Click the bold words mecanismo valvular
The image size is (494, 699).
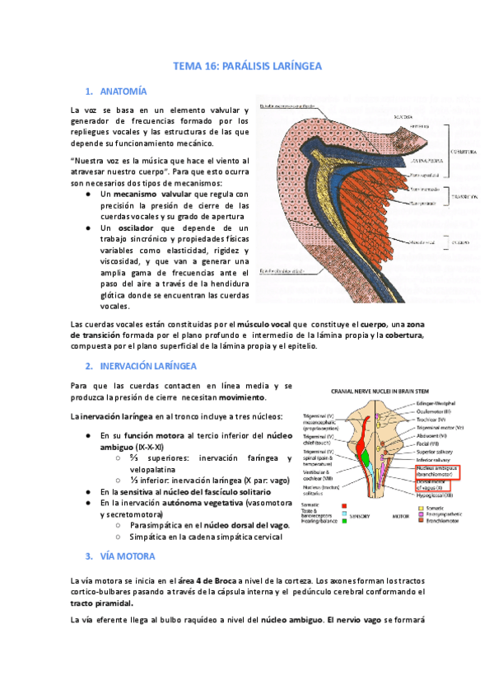148,193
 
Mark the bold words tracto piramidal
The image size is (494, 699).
103,603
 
